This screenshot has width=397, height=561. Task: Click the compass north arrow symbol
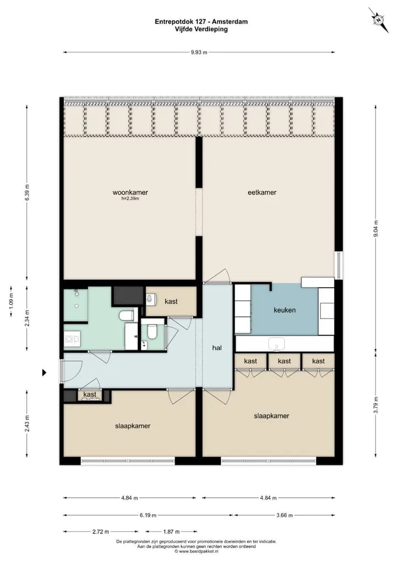(379, 20)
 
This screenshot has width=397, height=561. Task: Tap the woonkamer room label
(130, 192)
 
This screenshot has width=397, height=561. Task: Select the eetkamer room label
(262, 192)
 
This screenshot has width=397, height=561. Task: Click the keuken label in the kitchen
(285, 310)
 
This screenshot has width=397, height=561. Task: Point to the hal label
(217, 348)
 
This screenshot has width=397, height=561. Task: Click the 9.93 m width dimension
(199, 52)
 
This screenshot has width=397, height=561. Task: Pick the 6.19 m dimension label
(148, 515)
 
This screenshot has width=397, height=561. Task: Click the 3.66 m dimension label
(285, 515)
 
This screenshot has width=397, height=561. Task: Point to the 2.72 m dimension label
(100, 531)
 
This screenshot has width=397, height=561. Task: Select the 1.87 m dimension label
(171, 531)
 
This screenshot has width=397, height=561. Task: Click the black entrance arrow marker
(45, 373)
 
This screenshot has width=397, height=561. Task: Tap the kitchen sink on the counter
(277, 344)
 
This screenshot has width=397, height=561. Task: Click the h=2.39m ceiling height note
(130, 198)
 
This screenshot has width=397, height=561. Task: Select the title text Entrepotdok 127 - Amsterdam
(201, 21)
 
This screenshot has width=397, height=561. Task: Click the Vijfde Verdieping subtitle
(201, 29)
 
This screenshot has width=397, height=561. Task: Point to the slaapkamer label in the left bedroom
(133, 426)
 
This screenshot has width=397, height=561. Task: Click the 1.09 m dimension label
(11, 301)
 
